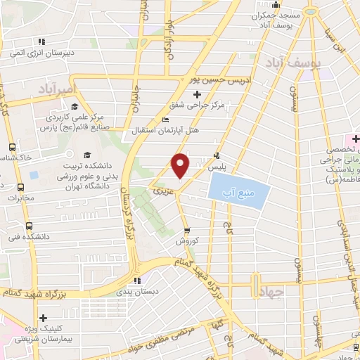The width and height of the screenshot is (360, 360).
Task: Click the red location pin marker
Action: point(181,165)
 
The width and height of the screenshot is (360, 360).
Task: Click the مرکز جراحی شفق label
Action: point(196,106)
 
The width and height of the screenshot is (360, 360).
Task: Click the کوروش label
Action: point(188,240)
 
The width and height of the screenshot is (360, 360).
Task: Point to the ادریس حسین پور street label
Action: point(207,79)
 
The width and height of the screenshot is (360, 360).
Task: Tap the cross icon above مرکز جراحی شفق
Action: point(196,94)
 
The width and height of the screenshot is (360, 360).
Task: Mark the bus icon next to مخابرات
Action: point(20,188)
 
